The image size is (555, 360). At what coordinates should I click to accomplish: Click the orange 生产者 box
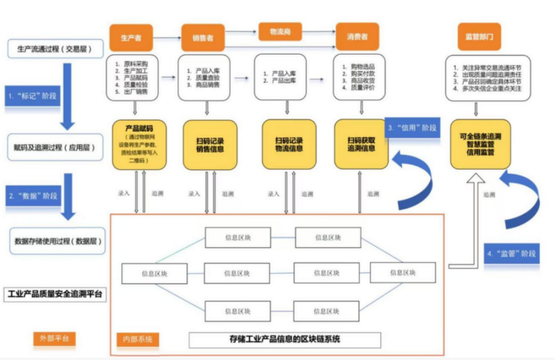click(131, 38)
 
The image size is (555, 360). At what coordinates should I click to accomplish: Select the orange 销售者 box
click(203, 38)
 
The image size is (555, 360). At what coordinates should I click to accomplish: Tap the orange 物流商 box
click(280, 32)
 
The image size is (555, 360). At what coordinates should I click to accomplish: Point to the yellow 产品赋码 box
click(139, 144)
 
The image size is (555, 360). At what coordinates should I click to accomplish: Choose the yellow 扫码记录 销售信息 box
click(209, 144)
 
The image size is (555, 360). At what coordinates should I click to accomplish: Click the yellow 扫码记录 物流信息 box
click(289, 144)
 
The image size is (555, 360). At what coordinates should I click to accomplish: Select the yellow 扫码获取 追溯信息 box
click(361, 144)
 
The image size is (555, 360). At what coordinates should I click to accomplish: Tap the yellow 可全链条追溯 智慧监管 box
click(480, 144)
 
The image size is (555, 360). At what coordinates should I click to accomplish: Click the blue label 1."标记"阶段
click(32, 95)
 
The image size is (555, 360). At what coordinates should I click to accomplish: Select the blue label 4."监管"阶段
click(512, 253)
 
